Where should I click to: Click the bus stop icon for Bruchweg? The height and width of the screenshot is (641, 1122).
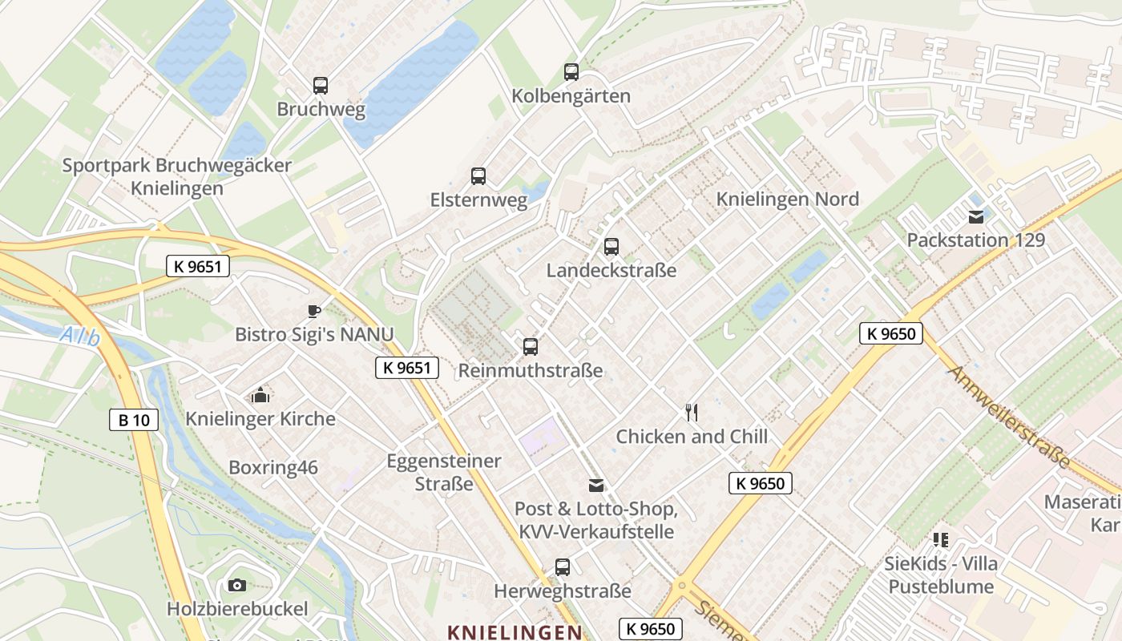(x=321, y=86)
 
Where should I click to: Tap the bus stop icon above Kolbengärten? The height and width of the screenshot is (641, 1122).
(x=571, y=72)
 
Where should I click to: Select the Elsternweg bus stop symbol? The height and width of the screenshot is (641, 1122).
(x=478, y=176)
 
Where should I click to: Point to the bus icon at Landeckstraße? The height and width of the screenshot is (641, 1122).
(x=611, y=247)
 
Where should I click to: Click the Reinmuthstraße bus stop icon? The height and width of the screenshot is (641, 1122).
(x=531, y=347)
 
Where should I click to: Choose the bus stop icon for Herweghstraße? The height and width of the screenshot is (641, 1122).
(x=563, y=567)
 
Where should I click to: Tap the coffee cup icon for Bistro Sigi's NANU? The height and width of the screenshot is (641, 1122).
(x=314, y=311)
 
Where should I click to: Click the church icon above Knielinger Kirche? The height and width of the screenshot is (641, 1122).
(x=260, y=395)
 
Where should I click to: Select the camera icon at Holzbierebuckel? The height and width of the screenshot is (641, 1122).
(x=236, y=585)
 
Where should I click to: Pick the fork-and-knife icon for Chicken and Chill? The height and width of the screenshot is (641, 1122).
(x=692, y=413)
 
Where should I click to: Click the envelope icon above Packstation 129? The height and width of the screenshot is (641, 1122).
(x=976, y=216)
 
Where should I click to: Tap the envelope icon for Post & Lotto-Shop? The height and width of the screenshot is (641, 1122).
(x=596, y=485)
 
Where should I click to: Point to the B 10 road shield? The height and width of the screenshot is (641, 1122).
(x=134, y=419)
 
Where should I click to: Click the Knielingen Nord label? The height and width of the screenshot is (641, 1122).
(x=787, y=199)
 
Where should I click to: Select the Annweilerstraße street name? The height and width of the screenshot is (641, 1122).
(x=1009, y=417)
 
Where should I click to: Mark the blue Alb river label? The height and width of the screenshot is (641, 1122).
(x=80, y=336)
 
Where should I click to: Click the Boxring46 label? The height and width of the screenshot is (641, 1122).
(x=273, y=467)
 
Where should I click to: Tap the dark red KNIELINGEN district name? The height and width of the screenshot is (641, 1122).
(x=515, y=631)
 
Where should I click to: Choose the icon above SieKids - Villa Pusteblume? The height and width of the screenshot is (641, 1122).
(x=941, y=540)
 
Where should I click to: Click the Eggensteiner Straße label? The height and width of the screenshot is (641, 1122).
(x=444, y=472)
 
